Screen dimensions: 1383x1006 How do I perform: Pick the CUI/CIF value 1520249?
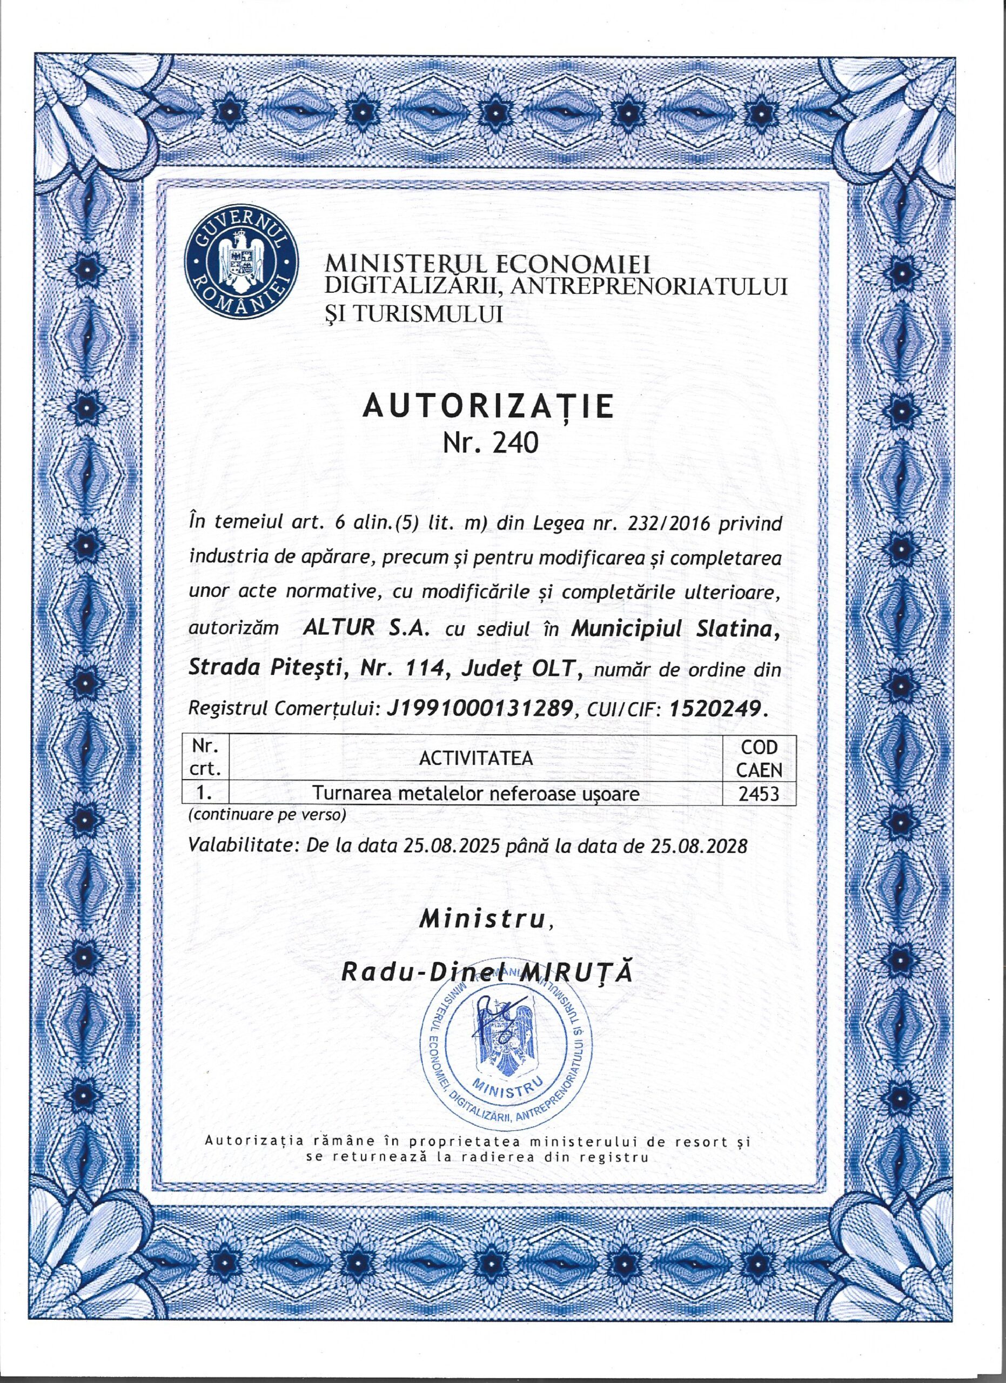pos(715,707)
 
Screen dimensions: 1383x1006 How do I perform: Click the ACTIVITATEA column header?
pos(475,757)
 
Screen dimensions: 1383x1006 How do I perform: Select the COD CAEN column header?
pos(759,757)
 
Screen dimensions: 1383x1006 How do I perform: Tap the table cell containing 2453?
pos(759,794)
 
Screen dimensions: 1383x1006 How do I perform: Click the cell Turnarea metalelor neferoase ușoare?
pos(475,794)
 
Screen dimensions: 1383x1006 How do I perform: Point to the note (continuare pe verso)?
pos(267,815)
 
